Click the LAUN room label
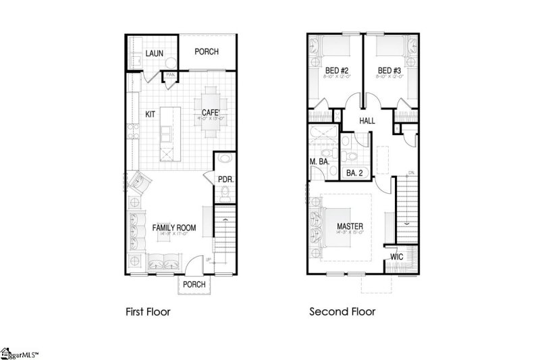tap(155, 53)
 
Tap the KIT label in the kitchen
tap(151, 114)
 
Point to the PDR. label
tap(225, 179)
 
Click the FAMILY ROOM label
tap(173, 228)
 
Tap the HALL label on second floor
tap(367, 120)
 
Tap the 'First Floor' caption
tap(148, 312)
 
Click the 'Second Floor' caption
tap(342, 312)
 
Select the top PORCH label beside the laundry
tap(207, 52)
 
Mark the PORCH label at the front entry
tap(194, 284)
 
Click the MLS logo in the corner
tap(20, 353)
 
